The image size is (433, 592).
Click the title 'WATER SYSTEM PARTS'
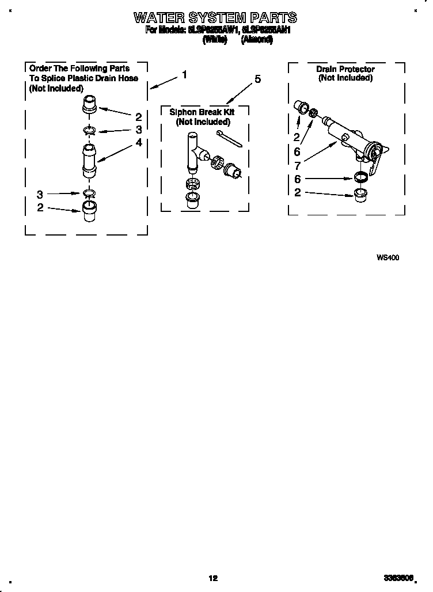tap(215, 17)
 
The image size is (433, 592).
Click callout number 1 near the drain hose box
tap(184, 74)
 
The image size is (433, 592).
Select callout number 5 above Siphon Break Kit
tap(257, 79)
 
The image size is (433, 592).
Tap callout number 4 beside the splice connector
tap(138, 142)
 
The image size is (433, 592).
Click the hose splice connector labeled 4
tap(88, 161)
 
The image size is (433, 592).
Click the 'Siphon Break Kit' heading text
tap(202, 112)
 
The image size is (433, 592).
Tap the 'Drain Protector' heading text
tap(345, 69)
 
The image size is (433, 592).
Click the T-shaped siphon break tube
tap(195, 151)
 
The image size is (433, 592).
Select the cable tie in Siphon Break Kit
tap(229, 138)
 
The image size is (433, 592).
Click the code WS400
tap(388, 257)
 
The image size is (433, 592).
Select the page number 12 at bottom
tap(213, 578)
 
